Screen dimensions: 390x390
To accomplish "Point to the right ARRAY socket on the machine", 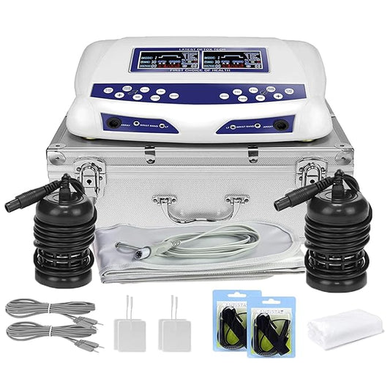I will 278,125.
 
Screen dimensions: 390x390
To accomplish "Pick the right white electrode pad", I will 176,332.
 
